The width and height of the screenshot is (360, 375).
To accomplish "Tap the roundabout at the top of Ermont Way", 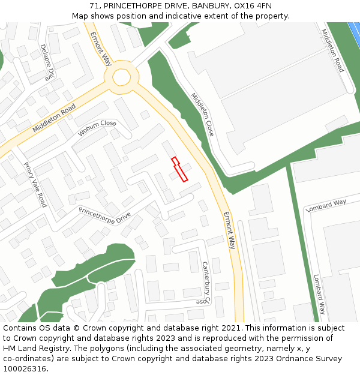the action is point(121,77).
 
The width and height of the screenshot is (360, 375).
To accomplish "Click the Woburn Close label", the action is point(97,128).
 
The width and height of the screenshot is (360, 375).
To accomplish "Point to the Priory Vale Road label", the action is point(35,184).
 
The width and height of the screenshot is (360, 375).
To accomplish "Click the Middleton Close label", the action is point(202,114).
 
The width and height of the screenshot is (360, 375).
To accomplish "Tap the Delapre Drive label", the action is point(47,62).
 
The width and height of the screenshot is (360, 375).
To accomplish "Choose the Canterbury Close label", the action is point(205,283).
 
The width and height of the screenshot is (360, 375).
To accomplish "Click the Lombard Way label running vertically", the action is point(319,295).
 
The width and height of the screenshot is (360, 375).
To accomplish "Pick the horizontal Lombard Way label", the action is point(326,205).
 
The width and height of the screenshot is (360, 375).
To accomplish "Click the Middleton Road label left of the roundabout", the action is point(54,118).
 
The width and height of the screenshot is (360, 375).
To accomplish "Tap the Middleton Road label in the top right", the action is point(332,50).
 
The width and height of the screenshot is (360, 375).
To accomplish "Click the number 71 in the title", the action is point(95,6).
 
